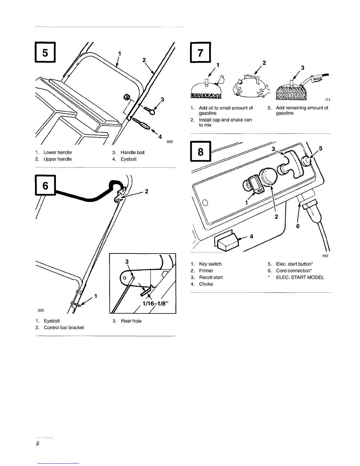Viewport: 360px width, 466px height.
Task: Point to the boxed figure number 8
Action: pyautogui.click(x=201, y=152)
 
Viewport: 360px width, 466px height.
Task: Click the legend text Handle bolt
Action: pyautogui.click(x=132, y=152)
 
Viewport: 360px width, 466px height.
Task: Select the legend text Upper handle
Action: pyautogui.click(x=57, y=159)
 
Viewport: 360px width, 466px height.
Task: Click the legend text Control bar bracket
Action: pyautogui.click(x=64, y=327)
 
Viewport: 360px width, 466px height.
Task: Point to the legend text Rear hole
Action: pyautogui.click(x=131, y=321)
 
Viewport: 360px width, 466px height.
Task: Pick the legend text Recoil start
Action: pyautogui.click(x=211, y=277)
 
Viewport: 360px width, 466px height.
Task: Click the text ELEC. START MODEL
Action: pyautogui.click(x=300, y=277)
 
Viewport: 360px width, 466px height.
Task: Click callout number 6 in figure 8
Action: pyautogui.click(x=298, y=227)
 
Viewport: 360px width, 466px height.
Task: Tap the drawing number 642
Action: pyautogui.click(x=325, y=256)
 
